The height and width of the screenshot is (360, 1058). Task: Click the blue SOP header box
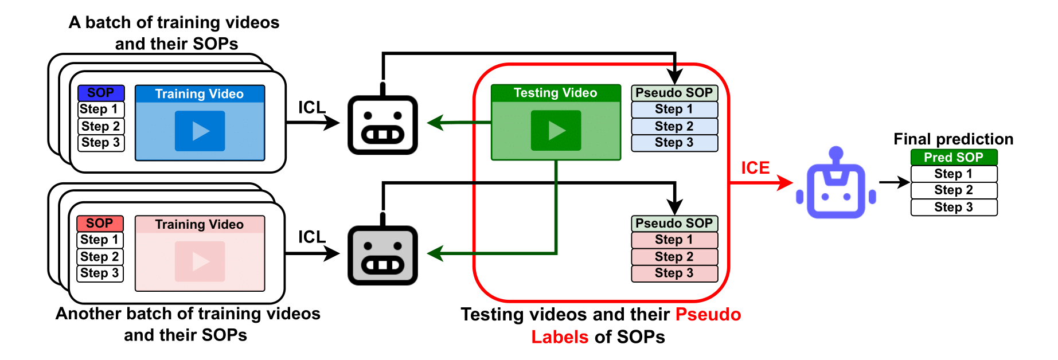pos(101,93)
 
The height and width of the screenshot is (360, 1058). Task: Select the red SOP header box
pos(100,224)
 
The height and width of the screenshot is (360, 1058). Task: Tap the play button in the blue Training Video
pos(200,131)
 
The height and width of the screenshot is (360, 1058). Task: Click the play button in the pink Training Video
pos(200,261)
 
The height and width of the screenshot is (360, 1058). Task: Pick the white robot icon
pos(382,125)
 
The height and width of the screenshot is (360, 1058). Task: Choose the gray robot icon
pos(382,256)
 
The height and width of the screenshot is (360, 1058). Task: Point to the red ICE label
pos(755,168)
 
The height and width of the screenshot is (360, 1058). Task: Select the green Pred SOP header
pos(954,158)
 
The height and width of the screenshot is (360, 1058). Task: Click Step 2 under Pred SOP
pos(954,190)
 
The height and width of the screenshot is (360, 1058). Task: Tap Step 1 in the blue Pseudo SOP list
pos(674,109)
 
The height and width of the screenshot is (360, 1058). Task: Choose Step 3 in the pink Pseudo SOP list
pos(674,273)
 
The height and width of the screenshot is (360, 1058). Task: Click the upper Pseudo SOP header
pos(674,93)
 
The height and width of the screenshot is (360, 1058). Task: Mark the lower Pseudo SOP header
pos(674,224)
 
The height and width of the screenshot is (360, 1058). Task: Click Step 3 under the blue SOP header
pos(101,143)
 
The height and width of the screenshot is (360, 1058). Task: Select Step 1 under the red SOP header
pos(100,240)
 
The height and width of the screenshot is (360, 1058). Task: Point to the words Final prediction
pos(953,139)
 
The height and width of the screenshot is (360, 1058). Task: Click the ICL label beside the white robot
pos(311,108)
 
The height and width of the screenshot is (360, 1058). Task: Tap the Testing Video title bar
pos(556,93)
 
